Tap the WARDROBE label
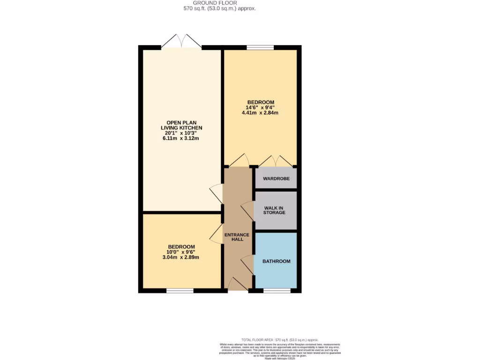pos(276,179)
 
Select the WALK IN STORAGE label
pos(274,210)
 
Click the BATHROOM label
pos(276,262)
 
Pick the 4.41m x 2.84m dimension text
pos(260,112)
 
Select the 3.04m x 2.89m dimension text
pos(181,257)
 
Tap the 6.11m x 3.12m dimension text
pos(181,139)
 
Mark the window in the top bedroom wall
pos(260,47)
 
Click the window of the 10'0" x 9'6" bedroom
pos(180,291)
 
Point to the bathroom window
pos(277,291)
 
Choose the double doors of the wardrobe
pos(276,161)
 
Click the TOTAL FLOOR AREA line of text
pos(280,339)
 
